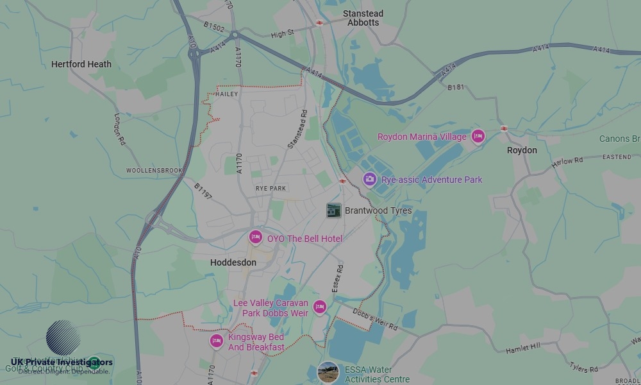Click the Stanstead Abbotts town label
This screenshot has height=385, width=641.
pyautogui.click(x=363, y=18)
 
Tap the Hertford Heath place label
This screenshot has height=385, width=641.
pyautogui.click(x=81, y=64)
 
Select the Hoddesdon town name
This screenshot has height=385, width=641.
pyautogui.click(x=233, y=262)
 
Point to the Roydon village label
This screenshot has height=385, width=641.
pyautogui.click(x=522, y=150)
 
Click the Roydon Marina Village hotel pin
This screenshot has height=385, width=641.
pyautogui.click(x=478, y=136)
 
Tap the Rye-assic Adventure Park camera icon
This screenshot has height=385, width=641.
pyautogui.click(x=369, y=179)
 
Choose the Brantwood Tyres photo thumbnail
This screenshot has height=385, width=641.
pyautogui.click(x=333, y=210)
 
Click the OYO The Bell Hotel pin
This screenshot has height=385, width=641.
pyautogui.click(x=256, y=238)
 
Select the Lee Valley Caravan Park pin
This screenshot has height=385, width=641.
pyautogui.click(x=319, y=307)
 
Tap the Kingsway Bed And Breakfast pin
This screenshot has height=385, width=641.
pyautogui.click(x=217, y=341)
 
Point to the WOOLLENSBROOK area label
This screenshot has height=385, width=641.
pyautogui.click(x=154, y=171)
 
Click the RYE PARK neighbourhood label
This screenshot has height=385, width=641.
pyautogui.click(x=271, y=189)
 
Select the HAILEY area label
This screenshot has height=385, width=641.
pyautogui.click(x=227, y=94)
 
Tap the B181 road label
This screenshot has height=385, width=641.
pyautogui.click(x=456, y=87)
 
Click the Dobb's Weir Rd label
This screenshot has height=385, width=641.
pyautogui.click(x=375, y=319)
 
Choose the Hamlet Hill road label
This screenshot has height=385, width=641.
pyautogui.click(x=523, y=347)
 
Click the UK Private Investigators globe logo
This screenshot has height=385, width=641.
pyautogui.click(x=63, y=338)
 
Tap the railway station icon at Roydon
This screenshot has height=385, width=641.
pyautogui.click(x=504, y=128)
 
